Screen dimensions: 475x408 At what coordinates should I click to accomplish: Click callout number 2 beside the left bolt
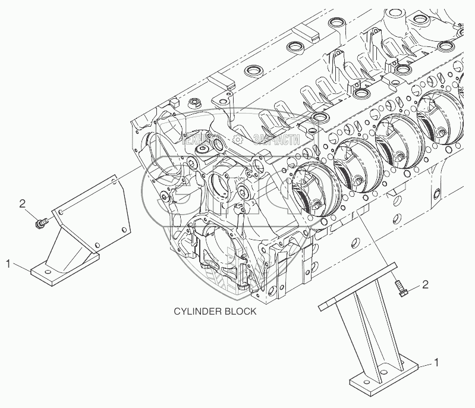(x=22, y=204)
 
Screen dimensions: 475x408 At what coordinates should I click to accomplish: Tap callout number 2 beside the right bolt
(x=425, y=285)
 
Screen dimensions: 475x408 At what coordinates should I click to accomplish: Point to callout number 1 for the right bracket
(x=438, y=362)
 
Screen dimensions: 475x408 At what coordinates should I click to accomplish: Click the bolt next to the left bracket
(x=42, y=224)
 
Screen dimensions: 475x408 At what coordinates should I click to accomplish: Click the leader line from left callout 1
(x=20, y=265)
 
